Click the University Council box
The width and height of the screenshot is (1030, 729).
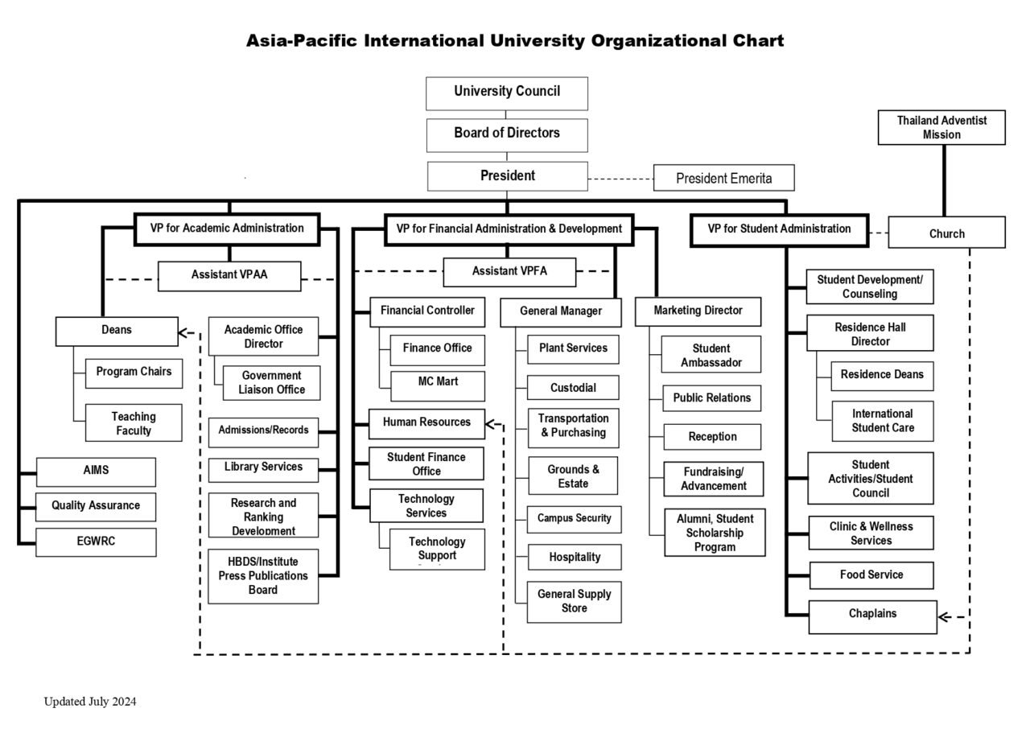[x=507, y=93]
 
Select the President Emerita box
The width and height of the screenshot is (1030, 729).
[x=723, y=178]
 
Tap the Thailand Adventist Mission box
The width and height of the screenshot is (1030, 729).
[x=941, y=127]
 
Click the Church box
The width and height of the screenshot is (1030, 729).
[x=946, y=233]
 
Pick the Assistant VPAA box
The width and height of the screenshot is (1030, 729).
[x=229, y=275]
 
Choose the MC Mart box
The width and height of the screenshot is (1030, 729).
[x=438, y=385]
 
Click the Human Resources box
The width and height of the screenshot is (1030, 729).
[x=426, y=422]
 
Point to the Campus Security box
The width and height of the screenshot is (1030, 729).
[x=574, y=519]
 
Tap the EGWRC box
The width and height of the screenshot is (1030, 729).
[x=96, y=542]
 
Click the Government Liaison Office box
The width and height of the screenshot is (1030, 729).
[x=271, y=382]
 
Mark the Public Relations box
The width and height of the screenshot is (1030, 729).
[x=711, y=397]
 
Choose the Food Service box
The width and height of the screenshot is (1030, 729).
[x=871, y=575]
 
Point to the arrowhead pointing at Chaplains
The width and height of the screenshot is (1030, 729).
[x=945, y=617]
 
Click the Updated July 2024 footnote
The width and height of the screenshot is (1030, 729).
[x=90, y=702]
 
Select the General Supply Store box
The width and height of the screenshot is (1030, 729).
[x=574, y=601]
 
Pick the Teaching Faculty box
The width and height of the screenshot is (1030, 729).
[x=134, y=423]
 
